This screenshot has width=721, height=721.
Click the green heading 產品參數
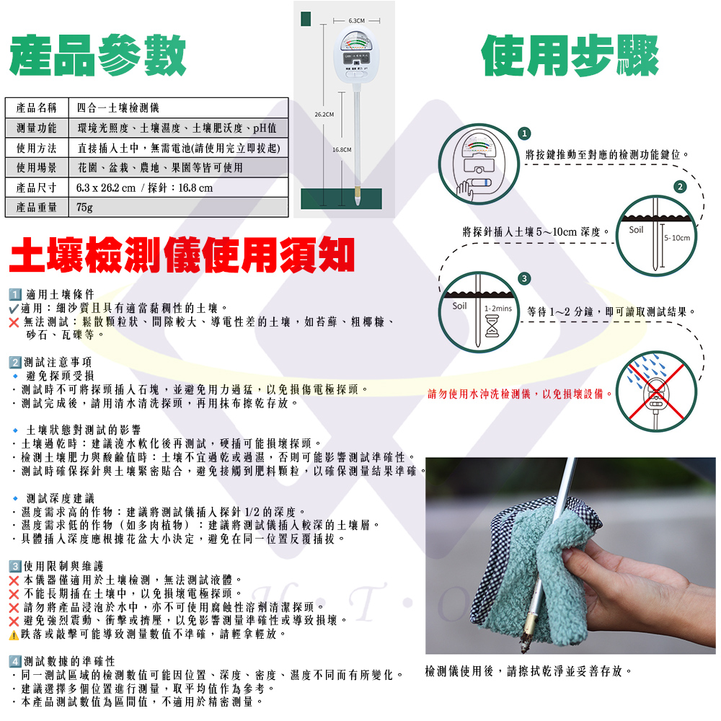point(97,56)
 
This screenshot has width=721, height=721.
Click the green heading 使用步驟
point(570,56)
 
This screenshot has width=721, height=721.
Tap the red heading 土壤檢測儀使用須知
point(182,255)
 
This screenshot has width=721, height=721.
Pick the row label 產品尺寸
point(36,187)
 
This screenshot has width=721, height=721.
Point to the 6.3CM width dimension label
point(356,21)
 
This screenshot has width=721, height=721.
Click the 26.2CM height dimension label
point(324,115)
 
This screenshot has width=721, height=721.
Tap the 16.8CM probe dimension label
point(342,149)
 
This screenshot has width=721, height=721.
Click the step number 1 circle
point(524,133)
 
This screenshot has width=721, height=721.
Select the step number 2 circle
point(680,186)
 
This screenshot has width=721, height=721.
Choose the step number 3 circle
point(524,278)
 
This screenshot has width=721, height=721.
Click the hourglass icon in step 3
point(492,326)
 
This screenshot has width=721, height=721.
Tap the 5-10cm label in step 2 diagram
point(677,238)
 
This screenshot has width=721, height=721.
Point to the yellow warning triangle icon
point(14,635)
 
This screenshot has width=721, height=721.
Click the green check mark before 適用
point(14,309)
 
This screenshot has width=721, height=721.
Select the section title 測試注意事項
point(58,363)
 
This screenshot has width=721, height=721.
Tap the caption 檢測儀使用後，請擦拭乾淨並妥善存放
point(528,671)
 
